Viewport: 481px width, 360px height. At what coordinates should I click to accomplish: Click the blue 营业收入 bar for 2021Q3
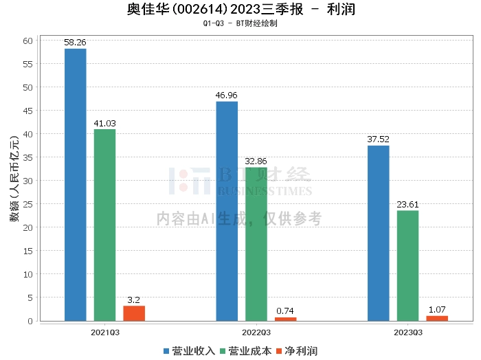point(76,185)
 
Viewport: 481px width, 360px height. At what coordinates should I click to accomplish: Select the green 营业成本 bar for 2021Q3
point(105,225)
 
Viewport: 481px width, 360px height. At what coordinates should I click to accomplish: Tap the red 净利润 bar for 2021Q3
point(134,313)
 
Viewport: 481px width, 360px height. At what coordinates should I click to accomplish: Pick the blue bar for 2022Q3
point(227,212)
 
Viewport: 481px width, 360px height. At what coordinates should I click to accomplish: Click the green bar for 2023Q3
point(407,266)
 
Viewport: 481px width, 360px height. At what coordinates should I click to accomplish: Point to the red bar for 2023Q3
point(437,318)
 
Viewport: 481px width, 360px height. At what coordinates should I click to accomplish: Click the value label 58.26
point(75,43)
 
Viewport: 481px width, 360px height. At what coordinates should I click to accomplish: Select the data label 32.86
point(256,161)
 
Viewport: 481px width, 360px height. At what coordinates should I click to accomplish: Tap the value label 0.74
point(285,311)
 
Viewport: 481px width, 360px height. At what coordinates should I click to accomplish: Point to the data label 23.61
point(407,204)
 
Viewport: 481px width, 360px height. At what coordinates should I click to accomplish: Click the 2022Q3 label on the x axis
point(256,333)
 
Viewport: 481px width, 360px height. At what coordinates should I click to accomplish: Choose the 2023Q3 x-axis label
point(408,333)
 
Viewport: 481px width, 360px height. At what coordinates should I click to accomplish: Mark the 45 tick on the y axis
point(28,111)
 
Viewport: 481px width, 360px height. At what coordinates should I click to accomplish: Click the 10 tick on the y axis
point(28,274)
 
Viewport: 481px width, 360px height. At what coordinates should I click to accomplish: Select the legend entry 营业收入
point(189,351)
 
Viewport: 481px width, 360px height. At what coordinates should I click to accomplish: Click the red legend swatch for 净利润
point(279,351)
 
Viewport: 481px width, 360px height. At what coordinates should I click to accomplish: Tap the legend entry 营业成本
point(246,351)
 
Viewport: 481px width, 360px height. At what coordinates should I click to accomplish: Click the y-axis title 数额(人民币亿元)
point(14,179)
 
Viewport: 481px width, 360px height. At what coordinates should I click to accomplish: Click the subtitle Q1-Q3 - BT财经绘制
point(240,23)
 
